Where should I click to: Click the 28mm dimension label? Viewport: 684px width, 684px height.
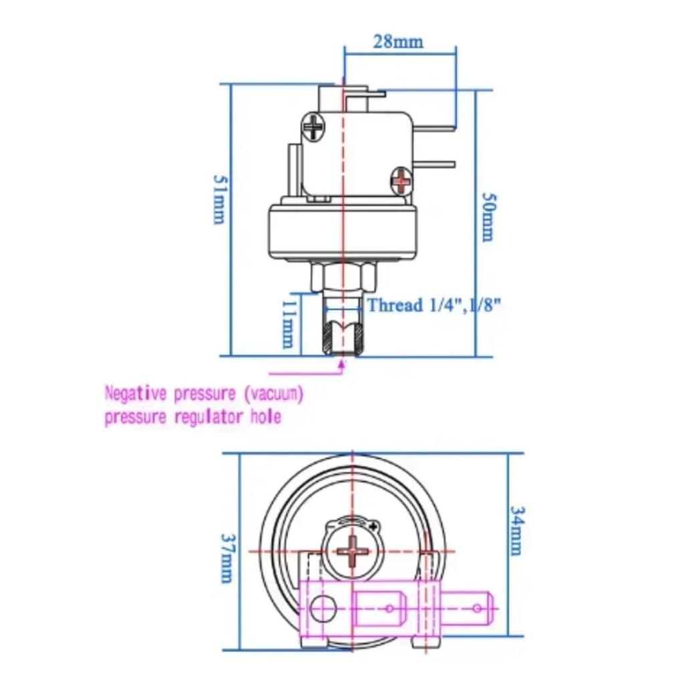398,41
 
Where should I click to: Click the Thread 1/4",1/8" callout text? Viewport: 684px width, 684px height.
434,306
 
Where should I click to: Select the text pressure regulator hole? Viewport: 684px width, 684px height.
192,417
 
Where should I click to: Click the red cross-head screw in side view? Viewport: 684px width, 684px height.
401,178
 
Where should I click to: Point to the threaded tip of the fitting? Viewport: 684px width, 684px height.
342,337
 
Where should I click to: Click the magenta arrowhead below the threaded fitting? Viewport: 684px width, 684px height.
343,364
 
